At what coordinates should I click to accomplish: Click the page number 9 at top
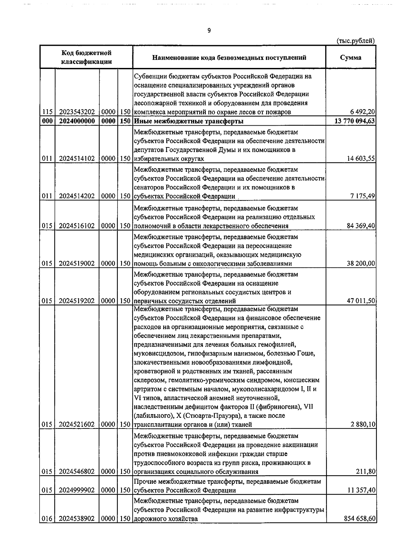pyautogui.click(x=209, y=31)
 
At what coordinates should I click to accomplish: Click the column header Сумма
pyautogui.click(x=350, y=57)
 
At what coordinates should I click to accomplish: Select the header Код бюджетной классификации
pyautogui.click(x=86, y=57)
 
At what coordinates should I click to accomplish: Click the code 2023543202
pyautogui.click(x=77, y=112)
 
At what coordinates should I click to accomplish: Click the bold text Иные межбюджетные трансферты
pyautogui.click(x=189, y=121)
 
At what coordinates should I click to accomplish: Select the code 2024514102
pyautogui.click(x=77, y=159)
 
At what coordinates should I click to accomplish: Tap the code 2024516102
pyautogui.click(x=77, y=226)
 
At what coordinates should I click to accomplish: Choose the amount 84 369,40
pyautogui.click(x=361, y=226)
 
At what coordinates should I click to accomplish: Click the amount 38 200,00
pyautogui.click(x=361, y=264)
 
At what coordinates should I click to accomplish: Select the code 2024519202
pyautogui.click(x=77, y=301)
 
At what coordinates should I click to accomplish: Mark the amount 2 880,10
pyautogui.click(x=363, y=424)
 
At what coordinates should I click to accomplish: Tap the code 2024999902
pyautogui.click(x=77, y=490)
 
